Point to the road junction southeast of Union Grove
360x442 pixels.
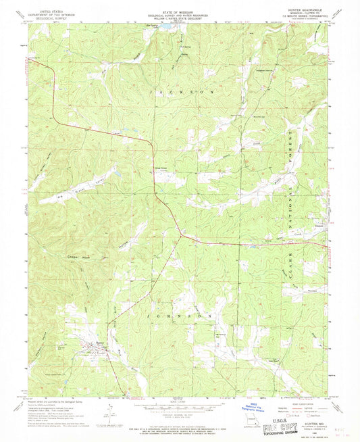coord(180,235)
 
